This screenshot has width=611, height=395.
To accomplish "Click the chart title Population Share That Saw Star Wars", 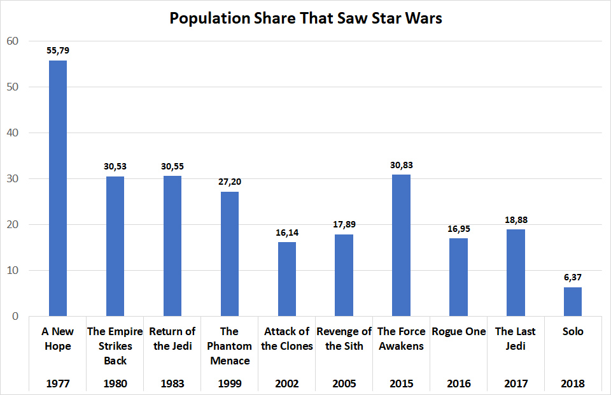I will (x=305, y=18).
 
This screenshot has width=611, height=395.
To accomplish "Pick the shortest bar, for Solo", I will (x=573, y=301).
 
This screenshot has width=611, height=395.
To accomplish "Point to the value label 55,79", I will (x=57, y=50).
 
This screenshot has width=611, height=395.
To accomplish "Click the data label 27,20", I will (x=229, y=181).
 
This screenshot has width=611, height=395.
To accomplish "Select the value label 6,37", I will (x=573, y=276).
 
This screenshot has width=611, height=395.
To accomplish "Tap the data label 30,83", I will (x=401, y=164).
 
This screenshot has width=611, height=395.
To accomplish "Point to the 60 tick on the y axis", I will (x=13, y=41).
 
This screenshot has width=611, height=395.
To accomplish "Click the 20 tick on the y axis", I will (x=13, y=225).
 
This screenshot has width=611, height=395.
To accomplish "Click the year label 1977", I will (x=57, y=384).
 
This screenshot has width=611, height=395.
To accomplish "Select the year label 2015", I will (x=401, y=384).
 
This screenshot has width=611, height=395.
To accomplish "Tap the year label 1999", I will (x=229, y=384).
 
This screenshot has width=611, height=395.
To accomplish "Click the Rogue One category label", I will (x=458, y=331).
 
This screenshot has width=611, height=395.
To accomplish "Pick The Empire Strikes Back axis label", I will (x=115, y=346).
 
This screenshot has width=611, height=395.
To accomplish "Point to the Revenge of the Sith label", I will (x=344, y=338).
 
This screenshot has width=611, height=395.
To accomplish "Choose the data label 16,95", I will (x=458, y=227).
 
